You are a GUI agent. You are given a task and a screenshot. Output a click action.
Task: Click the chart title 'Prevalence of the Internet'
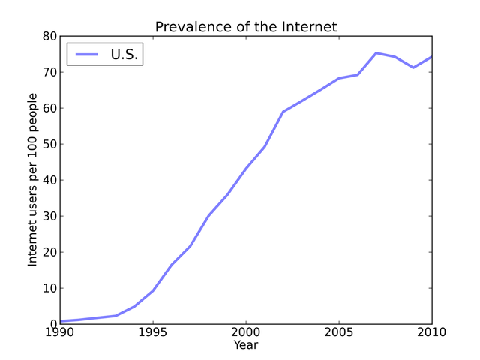point(246,27)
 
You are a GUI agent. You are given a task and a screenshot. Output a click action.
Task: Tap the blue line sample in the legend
point(86,54)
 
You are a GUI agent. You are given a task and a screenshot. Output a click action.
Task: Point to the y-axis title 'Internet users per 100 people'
point(33,179)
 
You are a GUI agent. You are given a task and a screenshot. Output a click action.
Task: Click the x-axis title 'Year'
point(245,345)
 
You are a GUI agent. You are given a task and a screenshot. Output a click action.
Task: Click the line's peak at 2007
point(376,53)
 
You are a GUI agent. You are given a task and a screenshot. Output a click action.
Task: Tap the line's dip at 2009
point(413,67)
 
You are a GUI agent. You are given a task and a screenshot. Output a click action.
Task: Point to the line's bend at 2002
point(283,112)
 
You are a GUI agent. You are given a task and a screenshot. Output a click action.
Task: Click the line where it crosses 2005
point(339,78)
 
